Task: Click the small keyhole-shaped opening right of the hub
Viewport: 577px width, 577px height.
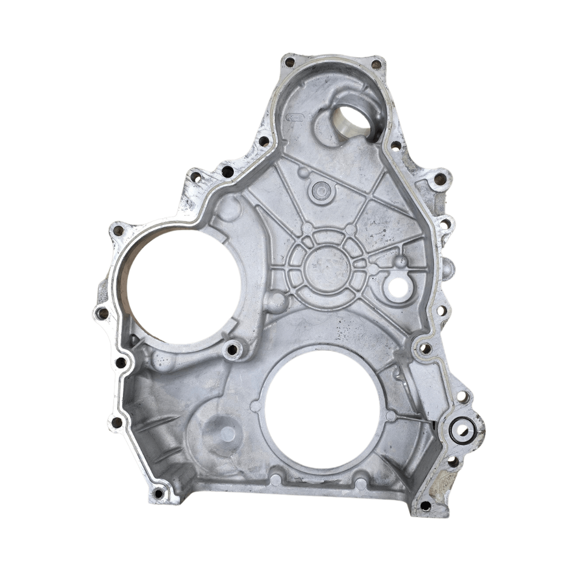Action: [399, 284]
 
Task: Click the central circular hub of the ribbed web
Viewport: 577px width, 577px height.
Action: [329, 267]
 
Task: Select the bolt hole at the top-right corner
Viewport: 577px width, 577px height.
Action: [376, 64]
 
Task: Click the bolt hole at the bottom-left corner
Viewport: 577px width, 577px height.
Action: [158, 493]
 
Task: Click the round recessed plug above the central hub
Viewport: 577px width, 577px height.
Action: [320, 190]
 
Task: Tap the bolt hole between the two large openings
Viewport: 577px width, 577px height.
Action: [233, 349]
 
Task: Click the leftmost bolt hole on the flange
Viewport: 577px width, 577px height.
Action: [102, 313]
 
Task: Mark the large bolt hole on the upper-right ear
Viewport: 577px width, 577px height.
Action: [440, 179]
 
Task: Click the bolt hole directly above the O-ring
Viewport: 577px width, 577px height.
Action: [462, 397]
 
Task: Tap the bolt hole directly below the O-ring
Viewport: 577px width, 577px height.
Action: [454, 462]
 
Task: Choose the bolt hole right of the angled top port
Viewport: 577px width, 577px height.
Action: [396, 145]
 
